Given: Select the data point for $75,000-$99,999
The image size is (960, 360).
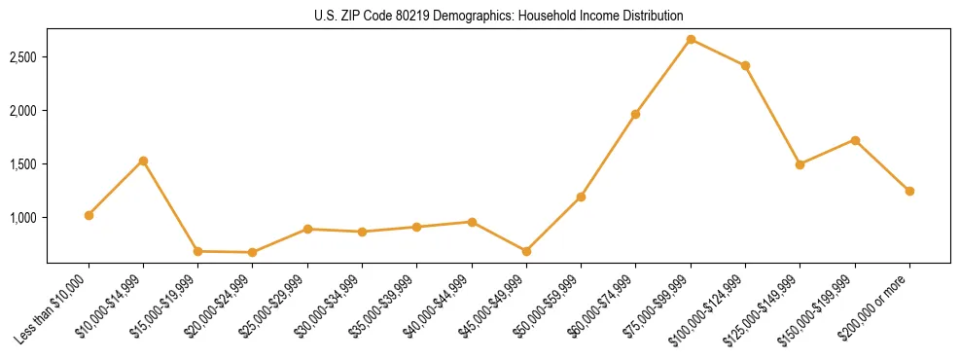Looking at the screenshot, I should coord(691,39).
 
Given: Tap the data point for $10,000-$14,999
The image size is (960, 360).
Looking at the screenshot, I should coord(143,161).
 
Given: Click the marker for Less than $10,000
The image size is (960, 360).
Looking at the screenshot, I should coord(89,215).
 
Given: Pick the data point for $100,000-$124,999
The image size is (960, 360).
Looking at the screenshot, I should coord(745,65).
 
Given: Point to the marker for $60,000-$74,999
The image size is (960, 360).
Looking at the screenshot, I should coord(635,114).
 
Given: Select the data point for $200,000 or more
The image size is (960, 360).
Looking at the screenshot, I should coord(909,191).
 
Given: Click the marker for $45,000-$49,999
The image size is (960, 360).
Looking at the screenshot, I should coord(526,251).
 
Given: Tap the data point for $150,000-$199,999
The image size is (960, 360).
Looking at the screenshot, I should coord(855,140).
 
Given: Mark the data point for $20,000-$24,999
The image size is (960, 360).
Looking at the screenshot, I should coord(253,252).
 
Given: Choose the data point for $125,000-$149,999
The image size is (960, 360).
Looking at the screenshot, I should coord(800,164).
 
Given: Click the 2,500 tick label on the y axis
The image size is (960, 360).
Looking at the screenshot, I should coord(21,57).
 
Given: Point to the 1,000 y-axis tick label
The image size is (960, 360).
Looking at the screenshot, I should coord(21,217).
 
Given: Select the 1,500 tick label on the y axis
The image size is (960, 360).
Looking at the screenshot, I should coord(21,164).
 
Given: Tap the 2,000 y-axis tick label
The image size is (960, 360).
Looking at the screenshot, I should coord(21,111).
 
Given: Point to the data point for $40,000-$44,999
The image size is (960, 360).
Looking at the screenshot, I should coord(472,222).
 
